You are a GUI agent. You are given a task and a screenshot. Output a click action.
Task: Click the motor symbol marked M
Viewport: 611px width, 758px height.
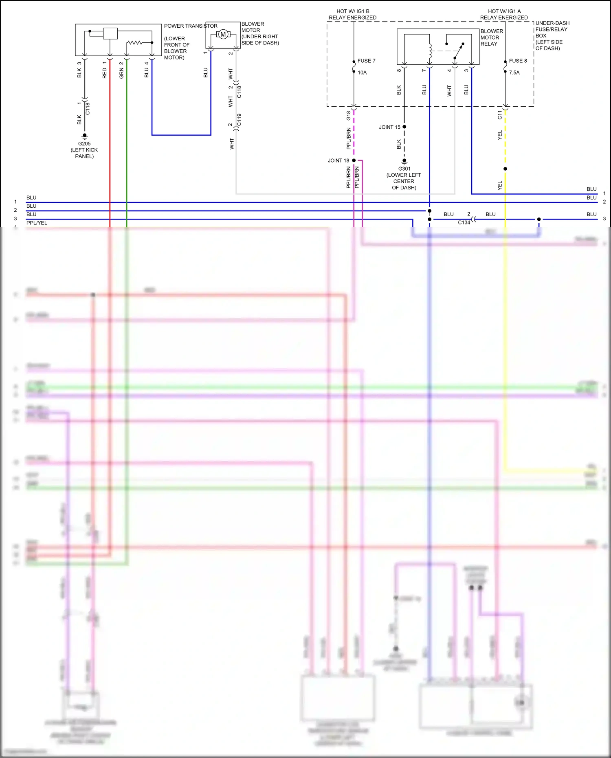tap(223, 35)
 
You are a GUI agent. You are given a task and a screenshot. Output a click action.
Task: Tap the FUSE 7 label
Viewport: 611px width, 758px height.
tap(366, 61)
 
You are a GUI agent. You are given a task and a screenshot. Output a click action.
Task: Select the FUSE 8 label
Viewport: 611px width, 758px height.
tap(518, 61)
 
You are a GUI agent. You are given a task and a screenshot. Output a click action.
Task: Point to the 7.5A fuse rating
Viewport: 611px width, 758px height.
tap(514, 73)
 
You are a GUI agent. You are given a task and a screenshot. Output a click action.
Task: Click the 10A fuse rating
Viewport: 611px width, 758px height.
tap(362, 73)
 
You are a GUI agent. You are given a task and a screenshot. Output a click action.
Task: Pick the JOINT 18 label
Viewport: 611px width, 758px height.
tap(338, 160)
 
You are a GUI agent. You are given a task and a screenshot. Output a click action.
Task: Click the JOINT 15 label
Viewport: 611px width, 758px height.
tap(389, 127)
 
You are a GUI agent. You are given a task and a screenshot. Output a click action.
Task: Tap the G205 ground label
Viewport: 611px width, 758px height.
tap(84, 144)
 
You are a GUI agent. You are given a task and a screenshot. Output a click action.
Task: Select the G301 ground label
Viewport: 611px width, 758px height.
tap(404, 169)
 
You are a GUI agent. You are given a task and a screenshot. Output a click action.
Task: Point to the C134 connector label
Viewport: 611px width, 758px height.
tap(464, 222)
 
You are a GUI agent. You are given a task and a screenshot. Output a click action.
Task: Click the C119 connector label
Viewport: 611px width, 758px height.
tap(239, 120)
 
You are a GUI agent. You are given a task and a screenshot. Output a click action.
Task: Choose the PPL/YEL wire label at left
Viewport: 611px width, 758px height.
tap(37, 223)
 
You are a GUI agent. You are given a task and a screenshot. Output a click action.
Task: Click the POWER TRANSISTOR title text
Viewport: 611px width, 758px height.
tap(191, 26)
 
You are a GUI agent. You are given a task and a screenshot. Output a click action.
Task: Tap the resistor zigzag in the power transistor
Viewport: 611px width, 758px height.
tap(134, 42)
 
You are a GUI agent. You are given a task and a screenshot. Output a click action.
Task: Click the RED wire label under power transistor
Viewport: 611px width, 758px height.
tap(105, 73)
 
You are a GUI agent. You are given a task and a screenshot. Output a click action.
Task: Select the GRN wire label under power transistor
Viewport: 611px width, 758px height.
tap(121, 73)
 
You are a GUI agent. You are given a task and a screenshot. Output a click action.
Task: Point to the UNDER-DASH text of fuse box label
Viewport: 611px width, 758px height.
tap(552, 23)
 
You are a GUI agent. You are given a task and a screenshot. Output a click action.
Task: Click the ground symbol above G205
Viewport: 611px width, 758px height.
tap(84, 136)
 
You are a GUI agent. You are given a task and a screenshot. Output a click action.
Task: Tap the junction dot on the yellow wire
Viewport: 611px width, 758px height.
tap(505, 169)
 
